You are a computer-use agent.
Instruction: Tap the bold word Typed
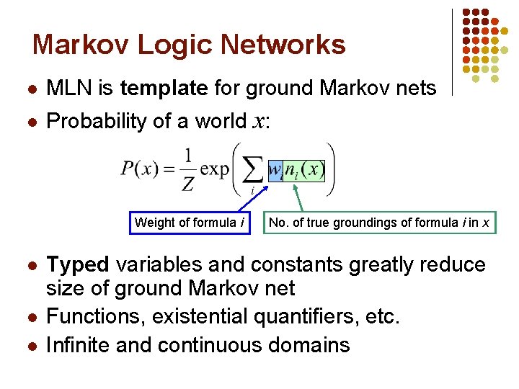pos(77,265)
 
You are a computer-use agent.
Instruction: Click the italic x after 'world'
pos(258,122)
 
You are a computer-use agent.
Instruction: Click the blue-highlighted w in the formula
pos(275,170)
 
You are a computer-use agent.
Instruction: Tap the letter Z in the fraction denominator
pos(187,184)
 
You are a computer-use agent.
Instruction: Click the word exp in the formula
pos(214,171)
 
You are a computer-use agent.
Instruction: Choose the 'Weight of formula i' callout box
pos(190,223)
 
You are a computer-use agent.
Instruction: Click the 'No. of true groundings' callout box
pos(379,223)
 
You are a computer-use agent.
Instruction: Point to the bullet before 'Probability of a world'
pos(31,122)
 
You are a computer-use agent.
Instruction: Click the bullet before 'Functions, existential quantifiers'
pos(31,317)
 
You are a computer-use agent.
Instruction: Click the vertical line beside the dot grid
pos(452,52)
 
